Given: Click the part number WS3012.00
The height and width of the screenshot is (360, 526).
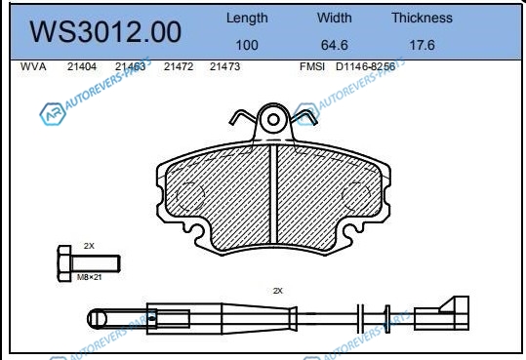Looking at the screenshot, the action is [105, 32].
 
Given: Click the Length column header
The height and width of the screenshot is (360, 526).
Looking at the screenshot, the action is [247, 19].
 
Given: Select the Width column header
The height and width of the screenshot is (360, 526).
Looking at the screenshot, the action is [335, 18].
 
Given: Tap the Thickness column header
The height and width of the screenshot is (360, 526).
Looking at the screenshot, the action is [422, 18].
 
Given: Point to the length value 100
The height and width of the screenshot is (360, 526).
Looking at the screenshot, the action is [247, 45].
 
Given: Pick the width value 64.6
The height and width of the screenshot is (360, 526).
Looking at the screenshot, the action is [335, 45].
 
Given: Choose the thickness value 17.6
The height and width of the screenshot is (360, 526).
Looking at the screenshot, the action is [422, 45].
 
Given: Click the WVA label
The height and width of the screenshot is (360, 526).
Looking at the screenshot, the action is [33, 66].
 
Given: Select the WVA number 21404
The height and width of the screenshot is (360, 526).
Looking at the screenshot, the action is [82, 66].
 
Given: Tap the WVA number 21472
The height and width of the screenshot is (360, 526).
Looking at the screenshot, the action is [179, 66].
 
